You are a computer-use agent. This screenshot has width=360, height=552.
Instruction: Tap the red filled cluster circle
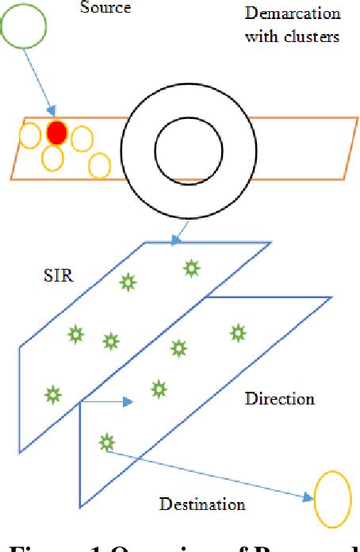56,132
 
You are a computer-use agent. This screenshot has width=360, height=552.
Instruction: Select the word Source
105,8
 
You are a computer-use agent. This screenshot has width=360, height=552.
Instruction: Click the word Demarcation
293,14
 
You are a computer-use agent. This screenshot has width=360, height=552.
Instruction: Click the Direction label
279,397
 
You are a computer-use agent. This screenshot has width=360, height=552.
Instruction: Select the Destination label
202,504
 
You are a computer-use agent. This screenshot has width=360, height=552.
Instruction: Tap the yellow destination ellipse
332,497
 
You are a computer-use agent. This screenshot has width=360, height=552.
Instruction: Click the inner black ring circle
184,150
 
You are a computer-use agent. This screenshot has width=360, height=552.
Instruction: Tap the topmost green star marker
191,269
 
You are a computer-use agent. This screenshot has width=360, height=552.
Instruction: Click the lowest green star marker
106,443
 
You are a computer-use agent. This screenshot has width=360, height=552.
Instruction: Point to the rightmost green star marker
236,333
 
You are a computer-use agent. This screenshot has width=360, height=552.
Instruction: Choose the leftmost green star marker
52,393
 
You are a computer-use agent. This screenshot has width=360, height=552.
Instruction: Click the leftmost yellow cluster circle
29,136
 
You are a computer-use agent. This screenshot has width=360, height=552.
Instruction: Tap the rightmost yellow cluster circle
99,167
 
